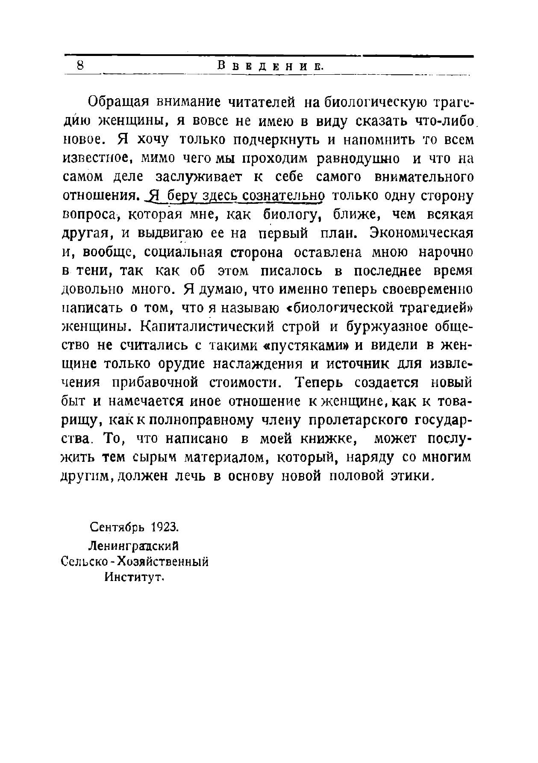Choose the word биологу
[292, 215]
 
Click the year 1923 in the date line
[163, 527]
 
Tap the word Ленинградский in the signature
[133, 546]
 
